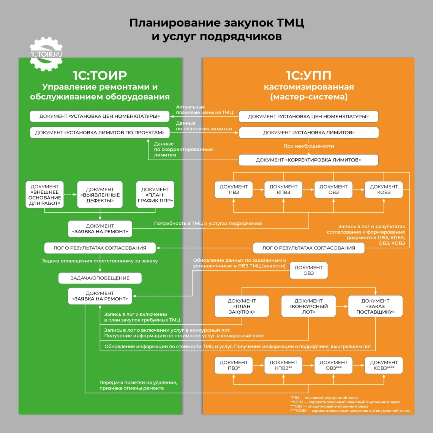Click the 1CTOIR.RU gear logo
46,54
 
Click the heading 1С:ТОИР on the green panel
100,75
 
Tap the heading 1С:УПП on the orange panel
308,75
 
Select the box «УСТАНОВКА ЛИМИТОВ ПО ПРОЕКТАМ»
100,133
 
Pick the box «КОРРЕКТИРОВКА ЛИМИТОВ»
308,160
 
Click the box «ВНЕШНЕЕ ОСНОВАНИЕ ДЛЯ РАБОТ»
45,195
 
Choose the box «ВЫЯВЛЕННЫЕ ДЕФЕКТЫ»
100,195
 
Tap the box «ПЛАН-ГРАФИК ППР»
155,195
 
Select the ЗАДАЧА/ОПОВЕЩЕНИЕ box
100,278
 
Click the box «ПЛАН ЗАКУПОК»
242,307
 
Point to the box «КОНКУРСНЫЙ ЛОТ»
308,307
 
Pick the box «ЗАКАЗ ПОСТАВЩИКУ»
375,307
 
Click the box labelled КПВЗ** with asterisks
283,365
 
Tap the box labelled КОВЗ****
384,365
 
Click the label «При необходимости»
308,146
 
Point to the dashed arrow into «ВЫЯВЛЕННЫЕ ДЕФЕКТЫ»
70,195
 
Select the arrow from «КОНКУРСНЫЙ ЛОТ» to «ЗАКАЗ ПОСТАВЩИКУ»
342,307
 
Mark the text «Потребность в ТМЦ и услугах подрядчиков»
208,223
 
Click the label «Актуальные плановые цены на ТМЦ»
204,110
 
